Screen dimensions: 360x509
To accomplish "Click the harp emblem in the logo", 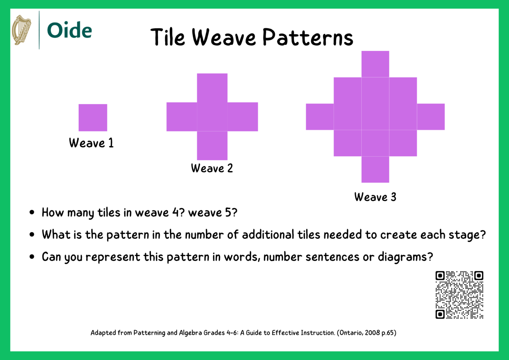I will (21, 30).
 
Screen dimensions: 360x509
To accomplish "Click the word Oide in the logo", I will (70, 30).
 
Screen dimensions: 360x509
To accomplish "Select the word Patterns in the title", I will (308, 37).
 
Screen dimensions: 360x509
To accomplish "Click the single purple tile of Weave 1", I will (93, 117).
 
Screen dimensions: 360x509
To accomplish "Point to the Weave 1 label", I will (91, 143).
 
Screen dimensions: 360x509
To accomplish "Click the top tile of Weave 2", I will (212, 88).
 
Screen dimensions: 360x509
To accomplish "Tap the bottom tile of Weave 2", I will (212, 146).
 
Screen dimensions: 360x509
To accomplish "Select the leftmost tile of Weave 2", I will (182, 117).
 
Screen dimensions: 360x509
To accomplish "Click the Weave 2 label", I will (212, 168).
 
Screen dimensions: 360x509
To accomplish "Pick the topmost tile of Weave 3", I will (375, 64).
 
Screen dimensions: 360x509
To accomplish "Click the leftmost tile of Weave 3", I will (320, 117).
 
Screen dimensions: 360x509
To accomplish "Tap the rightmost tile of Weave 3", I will (431, 117).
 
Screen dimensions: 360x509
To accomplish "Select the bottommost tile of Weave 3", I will (375, 169).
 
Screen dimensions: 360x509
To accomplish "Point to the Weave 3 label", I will (375, 197).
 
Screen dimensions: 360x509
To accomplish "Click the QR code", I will (459, 295).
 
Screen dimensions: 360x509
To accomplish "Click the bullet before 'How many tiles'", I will (32, 213).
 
